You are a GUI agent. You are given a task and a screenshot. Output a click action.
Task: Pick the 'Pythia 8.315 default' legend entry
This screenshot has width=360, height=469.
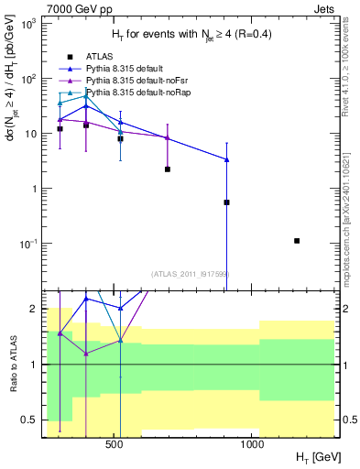(135, 69)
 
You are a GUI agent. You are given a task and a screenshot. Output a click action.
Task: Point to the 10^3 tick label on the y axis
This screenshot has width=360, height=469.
(27, 24)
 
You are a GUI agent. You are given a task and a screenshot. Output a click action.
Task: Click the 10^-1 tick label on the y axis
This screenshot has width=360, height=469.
(27, 244)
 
